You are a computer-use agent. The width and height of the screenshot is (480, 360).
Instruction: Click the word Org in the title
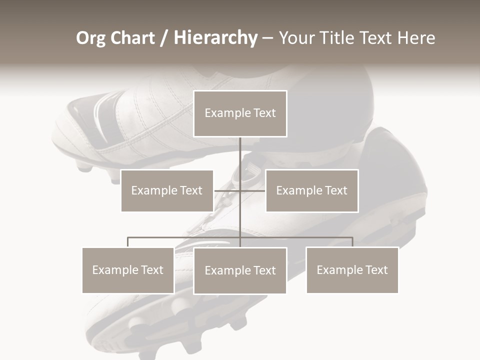[x=90, y=38]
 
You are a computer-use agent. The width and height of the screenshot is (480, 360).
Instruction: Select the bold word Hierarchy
[x=215, y=38]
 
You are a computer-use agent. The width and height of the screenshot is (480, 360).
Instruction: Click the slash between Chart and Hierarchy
[x=164, y=38]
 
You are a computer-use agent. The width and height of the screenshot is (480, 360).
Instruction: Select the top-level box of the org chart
[x=240, y=113]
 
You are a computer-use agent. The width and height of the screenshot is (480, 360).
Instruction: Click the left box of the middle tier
[x=167, y=190]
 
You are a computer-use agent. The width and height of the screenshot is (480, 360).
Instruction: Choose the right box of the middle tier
[x=311, y=190]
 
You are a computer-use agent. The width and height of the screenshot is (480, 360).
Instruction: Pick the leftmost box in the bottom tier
[x=128, y=270]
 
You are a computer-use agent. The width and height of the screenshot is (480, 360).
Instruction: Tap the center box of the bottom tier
[x=240, y=270]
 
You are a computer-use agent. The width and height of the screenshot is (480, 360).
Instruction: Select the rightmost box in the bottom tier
[x=352, y=270]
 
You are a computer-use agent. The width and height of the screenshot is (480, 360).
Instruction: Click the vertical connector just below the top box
[x=240, y=155]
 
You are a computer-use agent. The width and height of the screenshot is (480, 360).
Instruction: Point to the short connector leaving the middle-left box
[x=222, y=190]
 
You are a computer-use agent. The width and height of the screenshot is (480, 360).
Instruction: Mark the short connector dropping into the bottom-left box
[x=128, y=242]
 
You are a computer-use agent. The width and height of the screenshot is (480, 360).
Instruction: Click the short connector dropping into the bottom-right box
[x=352, y=242]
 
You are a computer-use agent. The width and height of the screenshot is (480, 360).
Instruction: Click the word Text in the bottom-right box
[x=375, y=270]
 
